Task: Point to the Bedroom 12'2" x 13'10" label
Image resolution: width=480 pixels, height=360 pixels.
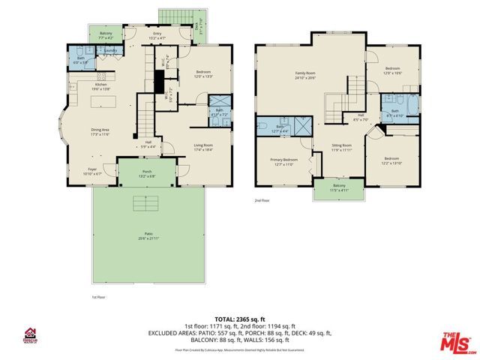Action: coord(391,160)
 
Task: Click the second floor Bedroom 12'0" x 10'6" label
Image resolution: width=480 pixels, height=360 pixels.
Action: coord(394,70)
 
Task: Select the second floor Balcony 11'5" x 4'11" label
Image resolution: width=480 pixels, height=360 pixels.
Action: coord(340,188)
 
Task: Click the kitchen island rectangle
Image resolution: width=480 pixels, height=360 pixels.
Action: coord(105,101)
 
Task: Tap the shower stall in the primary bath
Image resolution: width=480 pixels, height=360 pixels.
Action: coord(304,125)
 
